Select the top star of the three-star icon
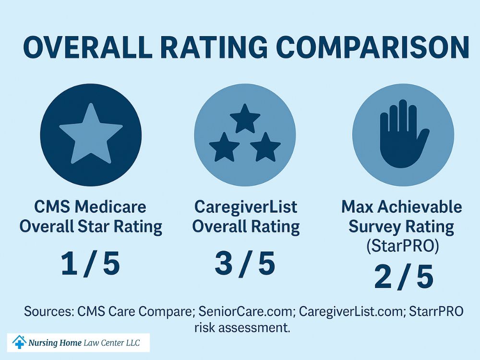click(x=245, y=118)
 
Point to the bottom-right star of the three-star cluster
click(x=265, y=147)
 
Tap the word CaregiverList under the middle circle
click(x=246, y=207)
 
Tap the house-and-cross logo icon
click(x=19, y=342)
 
